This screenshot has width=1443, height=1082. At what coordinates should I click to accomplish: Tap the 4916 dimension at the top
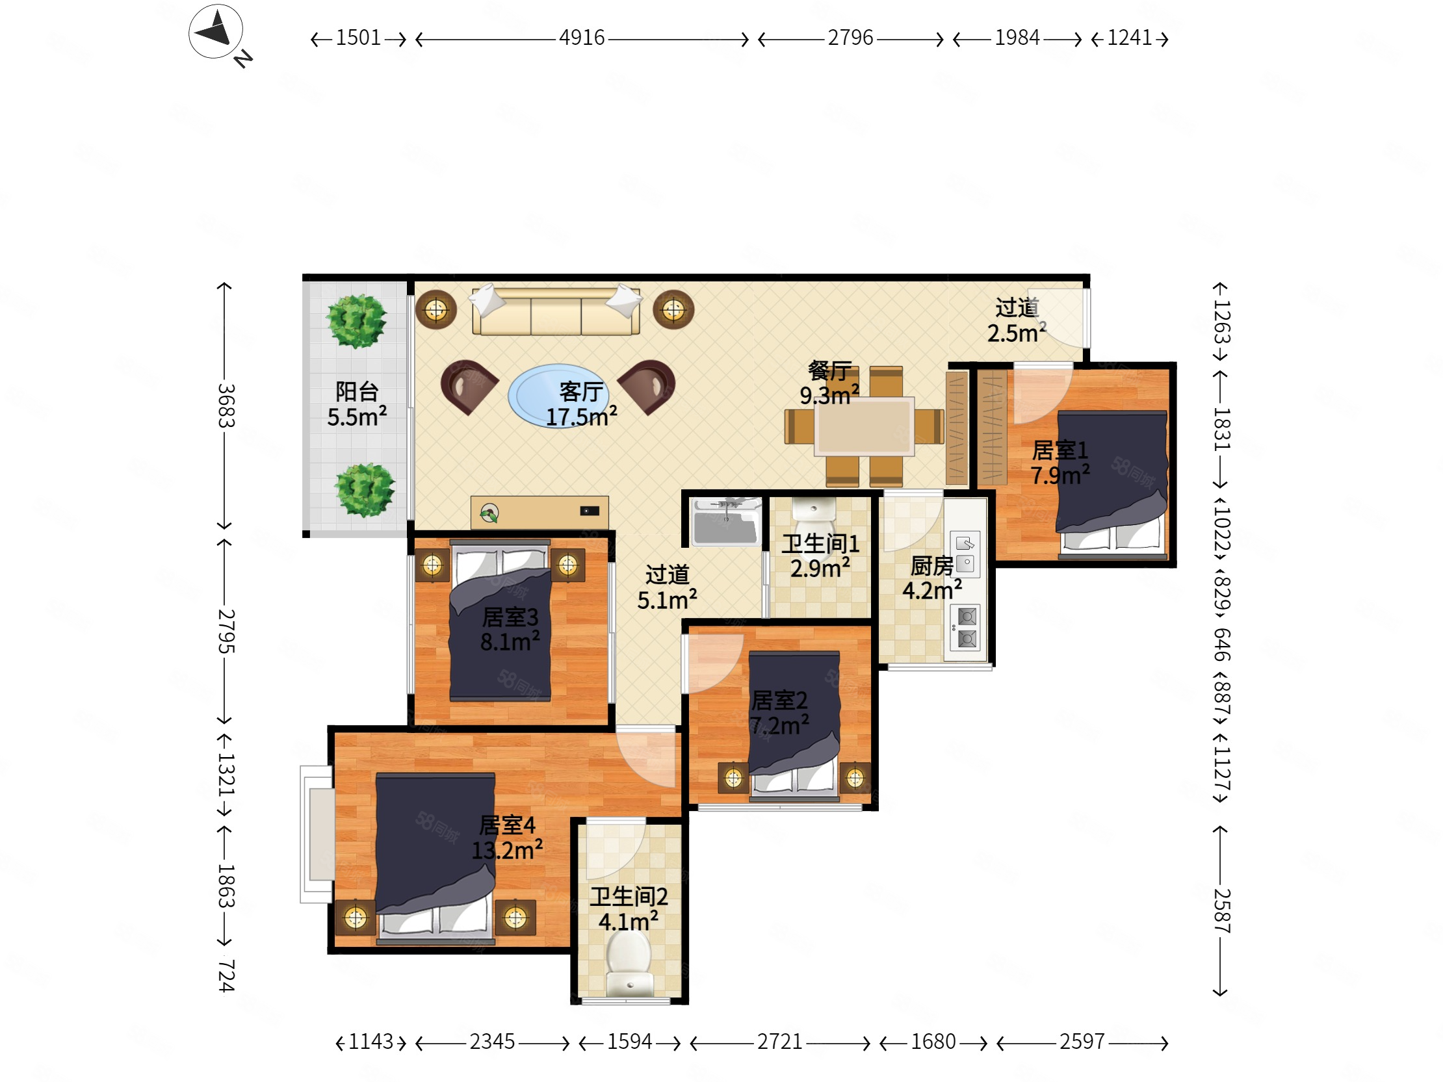(x=582, y=38)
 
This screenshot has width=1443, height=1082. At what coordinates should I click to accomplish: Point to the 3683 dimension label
(x=226, y=406)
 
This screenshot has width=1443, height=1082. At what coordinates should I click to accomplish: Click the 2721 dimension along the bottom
(x=779, y=1042)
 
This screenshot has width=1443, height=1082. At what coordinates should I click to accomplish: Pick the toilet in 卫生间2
(x=629, y=963)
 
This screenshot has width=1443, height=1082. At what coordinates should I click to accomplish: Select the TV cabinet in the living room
(x=539, y=513)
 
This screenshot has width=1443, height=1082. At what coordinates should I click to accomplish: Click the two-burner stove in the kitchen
(x=966, y=627)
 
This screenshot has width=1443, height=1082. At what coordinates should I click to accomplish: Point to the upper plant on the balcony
(x=356, y=321)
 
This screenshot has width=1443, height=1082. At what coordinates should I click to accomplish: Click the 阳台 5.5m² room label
(x=357, y=404)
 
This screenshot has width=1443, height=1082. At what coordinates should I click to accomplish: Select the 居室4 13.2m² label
(x=507, y=838)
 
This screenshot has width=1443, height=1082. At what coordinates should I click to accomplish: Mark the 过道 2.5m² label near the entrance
(x=1017, y=320)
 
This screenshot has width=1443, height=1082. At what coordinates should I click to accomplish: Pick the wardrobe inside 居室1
(x=993, y=427)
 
